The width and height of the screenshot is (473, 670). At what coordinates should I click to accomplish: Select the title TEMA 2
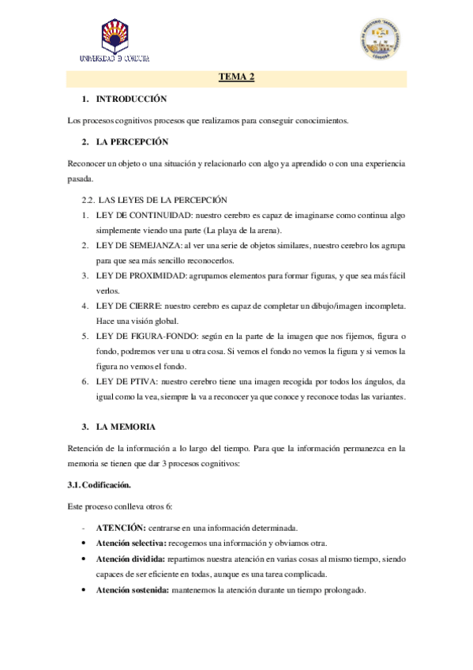(236, 77)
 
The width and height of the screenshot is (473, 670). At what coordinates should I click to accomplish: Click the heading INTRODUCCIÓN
(132, 100)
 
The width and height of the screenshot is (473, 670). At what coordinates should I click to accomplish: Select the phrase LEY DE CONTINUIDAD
(143, 214)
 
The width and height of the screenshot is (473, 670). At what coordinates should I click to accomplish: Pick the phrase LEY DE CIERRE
(129, 305)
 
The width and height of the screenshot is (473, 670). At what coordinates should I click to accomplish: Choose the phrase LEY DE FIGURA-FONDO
(148, 335)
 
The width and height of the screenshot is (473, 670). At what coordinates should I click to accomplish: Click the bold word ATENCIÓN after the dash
(120, 527)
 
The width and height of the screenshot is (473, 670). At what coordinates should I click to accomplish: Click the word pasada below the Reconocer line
(81, 179)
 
